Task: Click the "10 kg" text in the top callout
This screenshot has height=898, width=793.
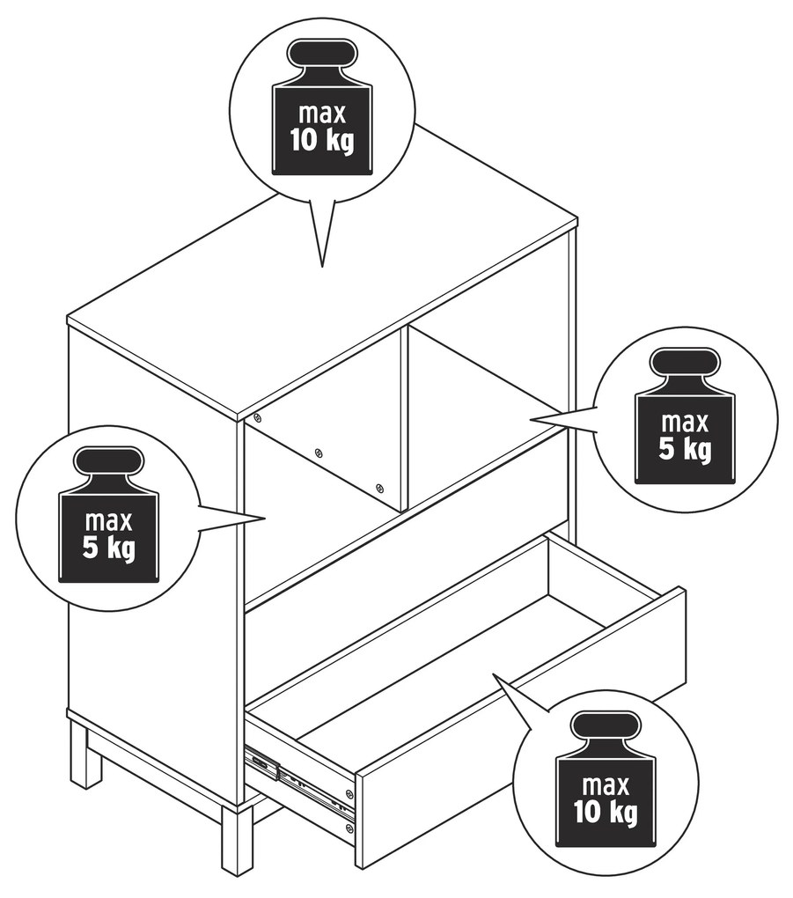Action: tap(322, 140)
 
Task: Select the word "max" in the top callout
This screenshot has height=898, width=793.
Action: tap(322, 114)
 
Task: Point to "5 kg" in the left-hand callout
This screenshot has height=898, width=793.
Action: tap(109, 548)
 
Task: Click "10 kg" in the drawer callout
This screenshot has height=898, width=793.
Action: tap(606, 812)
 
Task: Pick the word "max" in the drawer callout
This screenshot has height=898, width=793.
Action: tap(606, 785)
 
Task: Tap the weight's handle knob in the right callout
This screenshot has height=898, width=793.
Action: tap(684, 364)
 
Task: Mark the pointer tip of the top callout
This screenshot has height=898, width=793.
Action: tap(322, 266)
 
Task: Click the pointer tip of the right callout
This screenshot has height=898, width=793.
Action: tap(531, 420)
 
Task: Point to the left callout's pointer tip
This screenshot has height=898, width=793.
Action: tap(266, 519)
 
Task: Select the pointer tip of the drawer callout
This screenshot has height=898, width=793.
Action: tap(494, 674)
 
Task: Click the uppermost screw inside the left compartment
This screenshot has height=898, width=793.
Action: tap(257, 417)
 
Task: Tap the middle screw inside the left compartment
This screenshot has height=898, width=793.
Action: tap(319, 453)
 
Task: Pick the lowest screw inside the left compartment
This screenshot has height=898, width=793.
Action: tap(379, 488)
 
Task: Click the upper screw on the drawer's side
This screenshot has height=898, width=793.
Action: tap(349, 793)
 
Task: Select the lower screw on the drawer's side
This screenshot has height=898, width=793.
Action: tap(349, 828)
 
